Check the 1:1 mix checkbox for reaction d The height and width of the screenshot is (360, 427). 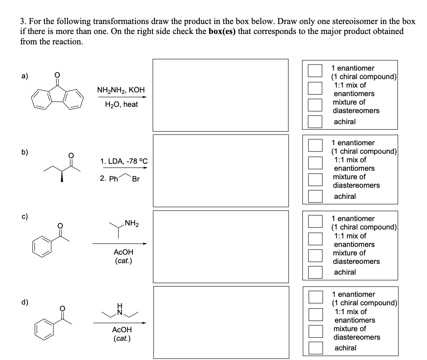(x=316, y=315)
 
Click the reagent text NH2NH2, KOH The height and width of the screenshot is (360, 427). (x=121, y=90)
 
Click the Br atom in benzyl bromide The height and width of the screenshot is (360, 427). (x=135, y=179)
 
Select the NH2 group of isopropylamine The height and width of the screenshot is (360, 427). (x=131, y=223)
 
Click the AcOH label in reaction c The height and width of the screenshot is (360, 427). (x=123, y=252)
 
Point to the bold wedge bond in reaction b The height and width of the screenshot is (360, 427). (x=61, y=177)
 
